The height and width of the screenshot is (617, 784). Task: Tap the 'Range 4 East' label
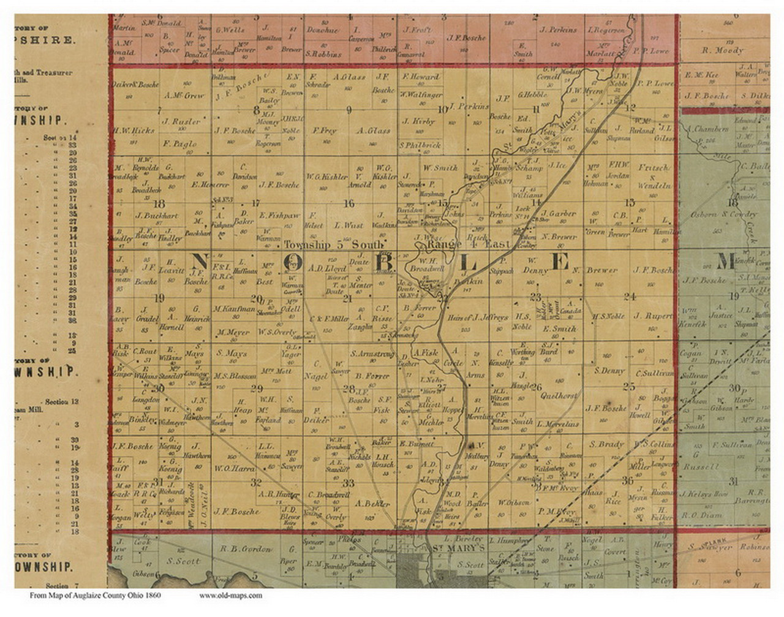click(x=469, y=244)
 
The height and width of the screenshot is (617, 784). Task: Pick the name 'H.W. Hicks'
click(x=134, y=131)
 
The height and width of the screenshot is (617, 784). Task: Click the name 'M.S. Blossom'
click(x=235, y=376)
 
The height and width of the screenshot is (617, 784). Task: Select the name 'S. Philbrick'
click(x=420, y=145)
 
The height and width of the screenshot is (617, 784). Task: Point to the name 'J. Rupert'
click(x=653, y=316)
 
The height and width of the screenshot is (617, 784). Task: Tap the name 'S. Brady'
click(x=607, y=444)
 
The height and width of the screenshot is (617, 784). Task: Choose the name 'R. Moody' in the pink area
click(x=723, y=50)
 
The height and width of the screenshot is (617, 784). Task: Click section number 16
click(x=349, y=203)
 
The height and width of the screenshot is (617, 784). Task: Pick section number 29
click(x=257, y=388)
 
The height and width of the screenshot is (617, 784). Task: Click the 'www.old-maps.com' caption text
click(x=230, y=595)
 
